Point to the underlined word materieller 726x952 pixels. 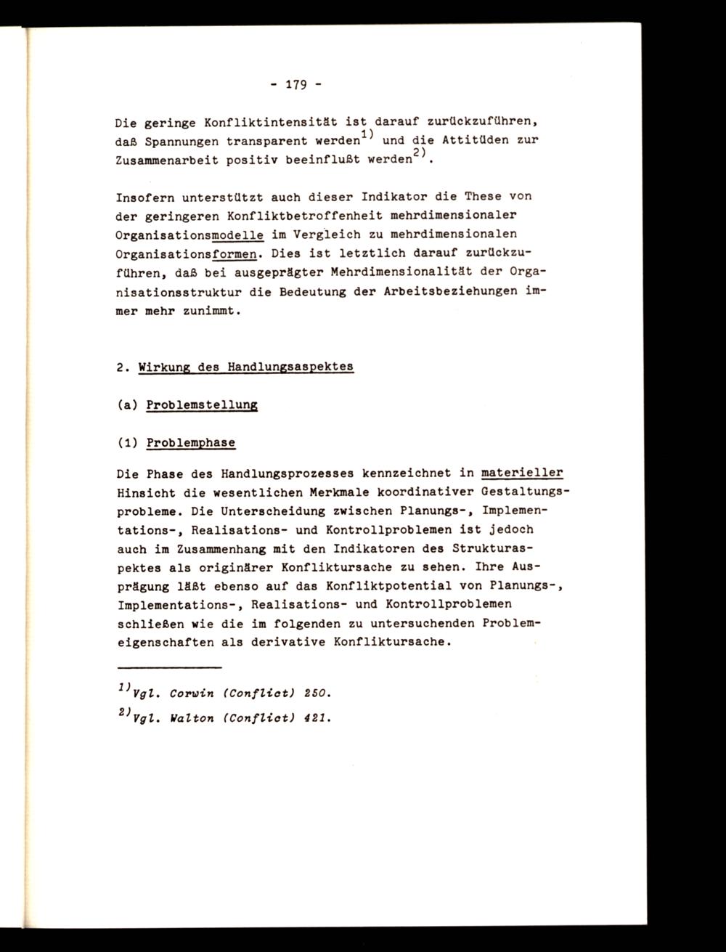tap(522, 473)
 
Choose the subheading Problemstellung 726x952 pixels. tap(202, 404)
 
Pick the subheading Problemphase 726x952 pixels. tap(190, 442)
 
